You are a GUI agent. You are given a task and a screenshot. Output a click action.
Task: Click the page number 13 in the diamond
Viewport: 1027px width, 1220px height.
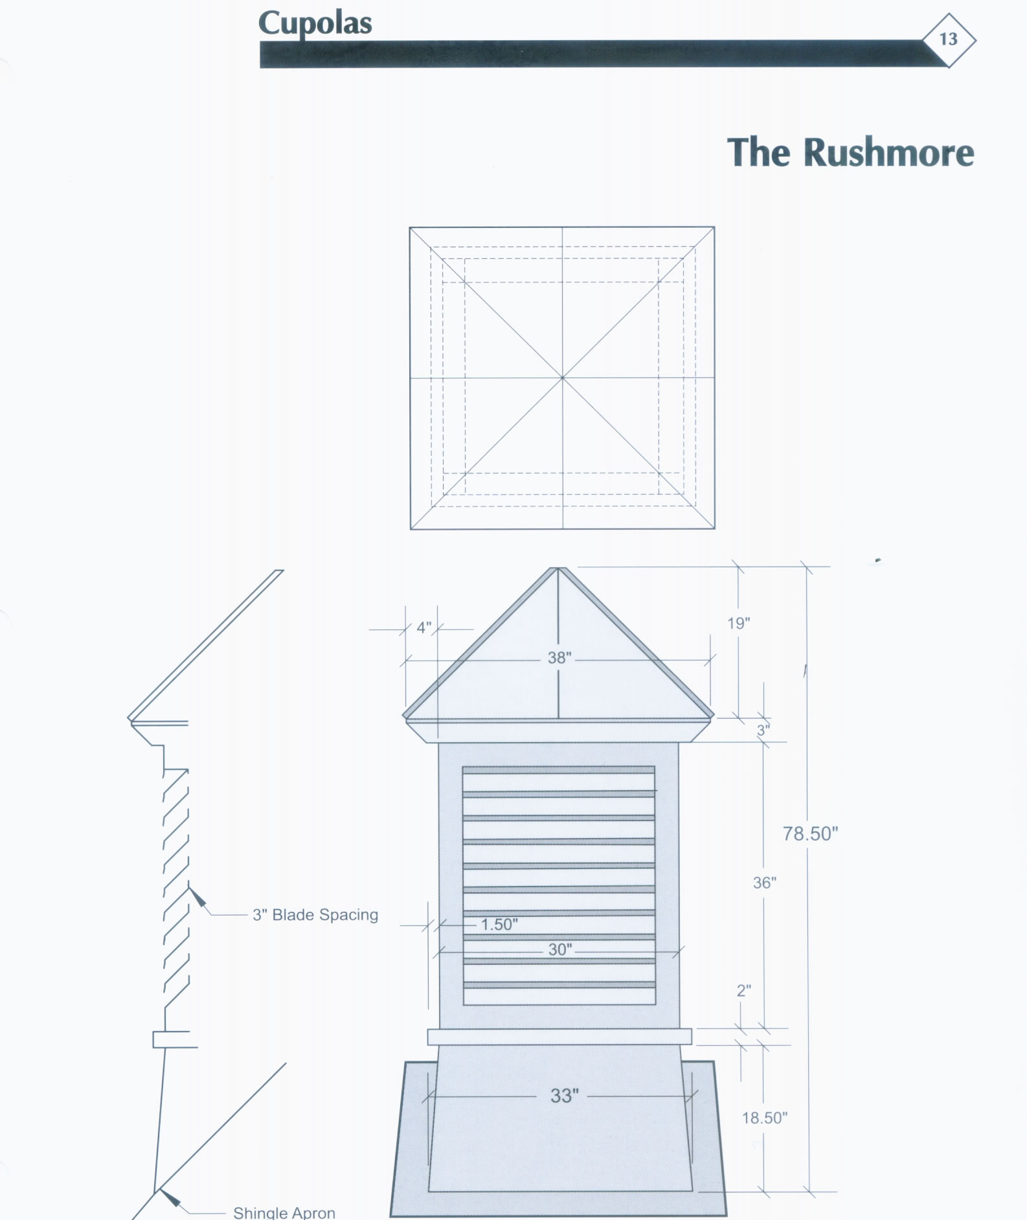click(948, 40)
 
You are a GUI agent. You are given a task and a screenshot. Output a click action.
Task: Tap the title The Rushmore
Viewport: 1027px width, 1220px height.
click(850, 152)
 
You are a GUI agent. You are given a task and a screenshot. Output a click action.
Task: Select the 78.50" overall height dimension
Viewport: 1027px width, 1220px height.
click(810, 833)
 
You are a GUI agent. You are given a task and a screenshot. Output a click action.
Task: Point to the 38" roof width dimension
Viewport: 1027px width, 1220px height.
click(559, 658)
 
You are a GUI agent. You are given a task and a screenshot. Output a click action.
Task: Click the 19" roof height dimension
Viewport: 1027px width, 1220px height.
click(738, 623)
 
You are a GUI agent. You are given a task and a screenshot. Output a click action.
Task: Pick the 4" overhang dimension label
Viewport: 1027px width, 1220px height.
click(423, 627)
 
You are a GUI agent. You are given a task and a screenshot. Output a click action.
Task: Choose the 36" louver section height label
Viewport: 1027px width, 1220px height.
click(764, 883)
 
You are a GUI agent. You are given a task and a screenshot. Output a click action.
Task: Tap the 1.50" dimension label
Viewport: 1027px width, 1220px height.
click(499, 924)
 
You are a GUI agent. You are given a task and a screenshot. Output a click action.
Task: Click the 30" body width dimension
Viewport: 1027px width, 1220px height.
click(560, 949)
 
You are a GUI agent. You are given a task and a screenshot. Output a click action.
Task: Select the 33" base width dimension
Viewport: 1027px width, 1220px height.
click(564, 1096)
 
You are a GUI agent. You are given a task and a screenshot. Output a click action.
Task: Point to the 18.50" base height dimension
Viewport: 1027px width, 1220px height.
click(764, 1118)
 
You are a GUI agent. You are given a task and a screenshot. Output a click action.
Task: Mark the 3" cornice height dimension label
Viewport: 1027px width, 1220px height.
click(763, 730)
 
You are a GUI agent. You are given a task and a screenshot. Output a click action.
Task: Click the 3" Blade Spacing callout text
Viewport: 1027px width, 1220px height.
click(315, 915)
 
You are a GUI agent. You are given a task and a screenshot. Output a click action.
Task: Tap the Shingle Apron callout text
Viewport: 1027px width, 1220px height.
click(284, 1212)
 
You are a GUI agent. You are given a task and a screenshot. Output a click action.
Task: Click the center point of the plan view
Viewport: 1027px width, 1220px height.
click(562, 378)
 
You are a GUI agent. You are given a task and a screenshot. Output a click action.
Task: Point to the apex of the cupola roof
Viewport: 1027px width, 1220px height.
click(558, 568)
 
